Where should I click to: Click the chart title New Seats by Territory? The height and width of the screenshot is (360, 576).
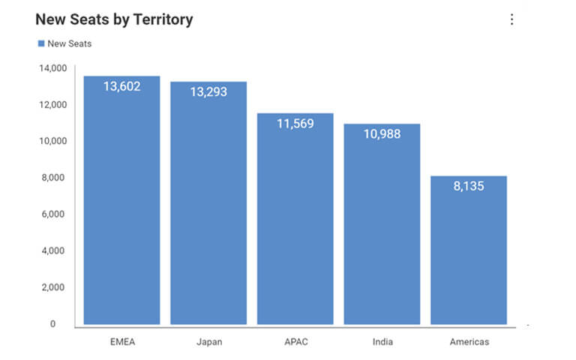tap(114, 19)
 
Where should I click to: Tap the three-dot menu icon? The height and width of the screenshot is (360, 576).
tap(512, 19)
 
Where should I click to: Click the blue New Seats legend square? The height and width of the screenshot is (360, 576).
tap(41, 43)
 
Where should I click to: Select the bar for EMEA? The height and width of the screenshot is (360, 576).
tap(121, 210)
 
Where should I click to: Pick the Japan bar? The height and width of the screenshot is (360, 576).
tap(208, 210)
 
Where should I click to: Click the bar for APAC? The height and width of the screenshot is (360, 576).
tap(295, 225)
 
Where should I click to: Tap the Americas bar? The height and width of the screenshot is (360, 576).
tap(469, 255)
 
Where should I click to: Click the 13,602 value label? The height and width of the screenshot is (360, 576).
tap(121, 86)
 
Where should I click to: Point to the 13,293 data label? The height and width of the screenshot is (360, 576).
tap(208, 92)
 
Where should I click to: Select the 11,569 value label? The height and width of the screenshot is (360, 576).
tap(295, 124)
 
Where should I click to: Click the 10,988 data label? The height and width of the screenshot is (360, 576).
tap(382, 134)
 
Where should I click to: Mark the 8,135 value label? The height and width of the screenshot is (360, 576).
tap(469, 186)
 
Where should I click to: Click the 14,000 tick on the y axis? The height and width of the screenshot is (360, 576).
tap(53, 68)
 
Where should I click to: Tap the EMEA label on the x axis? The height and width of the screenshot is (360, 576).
tap(121, 342)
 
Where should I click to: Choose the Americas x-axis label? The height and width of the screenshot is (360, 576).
tap(469, 342)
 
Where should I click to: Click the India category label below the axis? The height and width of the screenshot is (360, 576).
tap(382, 342)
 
